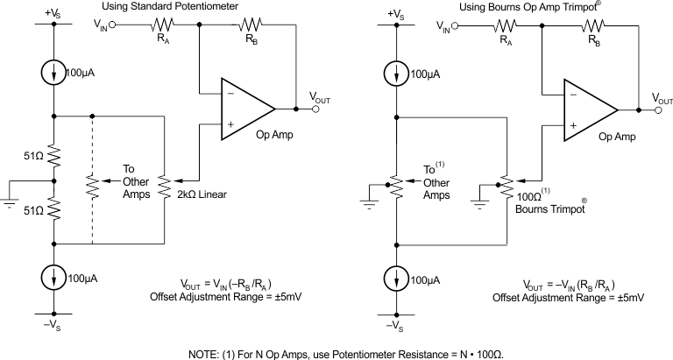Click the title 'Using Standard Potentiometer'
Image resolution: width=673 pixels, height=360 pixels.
[x=188, y=7]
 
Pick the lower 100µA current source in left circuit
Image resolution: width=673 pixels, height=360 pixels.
[x=55, y=278]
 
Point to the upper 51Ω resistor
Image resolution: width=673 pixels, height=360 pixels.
[x=55, y=156]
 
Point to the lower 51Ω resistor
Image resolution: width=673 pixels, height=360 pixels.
[x=55, y=207]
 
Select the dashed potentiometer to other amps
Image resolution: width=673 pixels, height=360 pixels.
[x=92, y=187]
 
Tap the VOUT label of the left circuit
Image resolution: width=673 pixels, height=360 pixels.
[x=319, y=98]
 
